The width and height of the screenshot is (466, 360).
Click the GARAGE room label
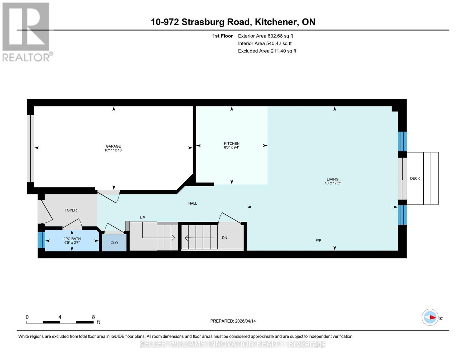113,146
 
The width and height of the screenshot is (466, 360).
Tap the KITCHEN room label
231,143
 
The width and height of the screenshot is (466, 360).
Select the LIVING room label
332,179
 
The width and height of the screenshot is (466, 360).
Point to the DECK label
415,178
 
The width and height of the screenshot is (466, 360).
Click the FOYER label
71,210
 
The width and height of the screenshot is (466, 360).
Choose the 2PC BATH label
72,239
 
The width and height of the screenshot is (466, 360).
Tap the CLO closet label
114,243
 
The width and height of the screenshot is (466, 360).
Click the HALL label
193,203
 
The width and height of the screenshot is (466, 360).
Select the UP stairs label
142,217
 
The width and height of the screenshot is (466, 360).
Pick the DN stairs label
224,238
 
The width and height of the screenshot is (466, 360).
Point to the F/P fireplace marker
318,240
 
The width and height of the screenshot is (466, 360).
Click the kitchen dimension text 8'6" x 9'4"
231,148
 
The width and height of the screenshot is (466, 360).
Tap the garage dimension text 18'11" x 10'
113,150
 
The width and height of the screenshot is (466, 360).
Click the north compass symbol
430,317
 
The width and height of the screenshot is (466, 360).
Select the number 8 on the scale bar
93,317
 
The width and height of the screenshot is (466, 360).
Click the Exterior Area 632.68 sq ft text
265,36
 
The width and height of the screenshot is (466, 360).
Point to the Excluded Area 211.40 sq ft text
267,51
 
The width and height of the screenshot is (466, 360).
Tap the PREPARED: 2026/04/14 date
233,321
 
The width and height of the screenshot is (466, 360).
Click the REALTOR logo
26,32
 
